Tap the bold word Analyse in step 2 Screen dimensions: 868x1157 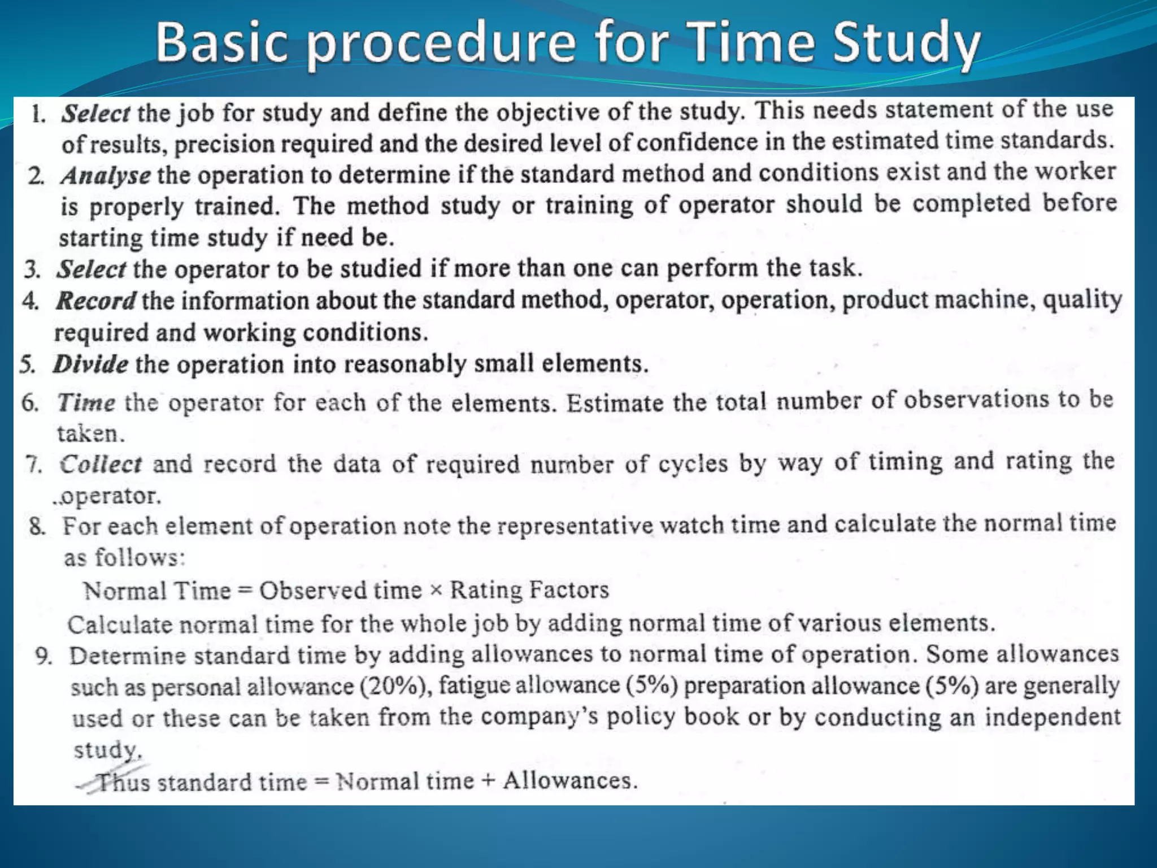click(x=106, y=176)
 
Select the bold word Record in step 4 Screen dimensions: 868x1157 click(x=95, y=301)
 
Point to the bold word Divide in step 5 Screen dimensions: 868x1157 click(x=90, y=364)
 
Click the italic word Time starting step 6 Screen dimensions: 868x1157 click(x=86, y=402)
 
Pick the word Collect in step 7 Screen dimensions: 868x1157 click(x=101, y=464)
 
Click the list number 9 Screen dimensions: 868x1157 click(x=44, y=656)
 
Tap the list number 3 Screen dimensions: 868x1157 click(x=32, y=270)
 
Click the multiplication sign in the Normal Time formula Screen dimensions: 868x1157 click(x=436, y=591)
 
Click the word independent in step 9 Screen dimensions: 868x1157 click(x=1052, y=717)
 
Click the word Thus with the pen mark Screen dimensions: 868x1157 click(x=123, y=783)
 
